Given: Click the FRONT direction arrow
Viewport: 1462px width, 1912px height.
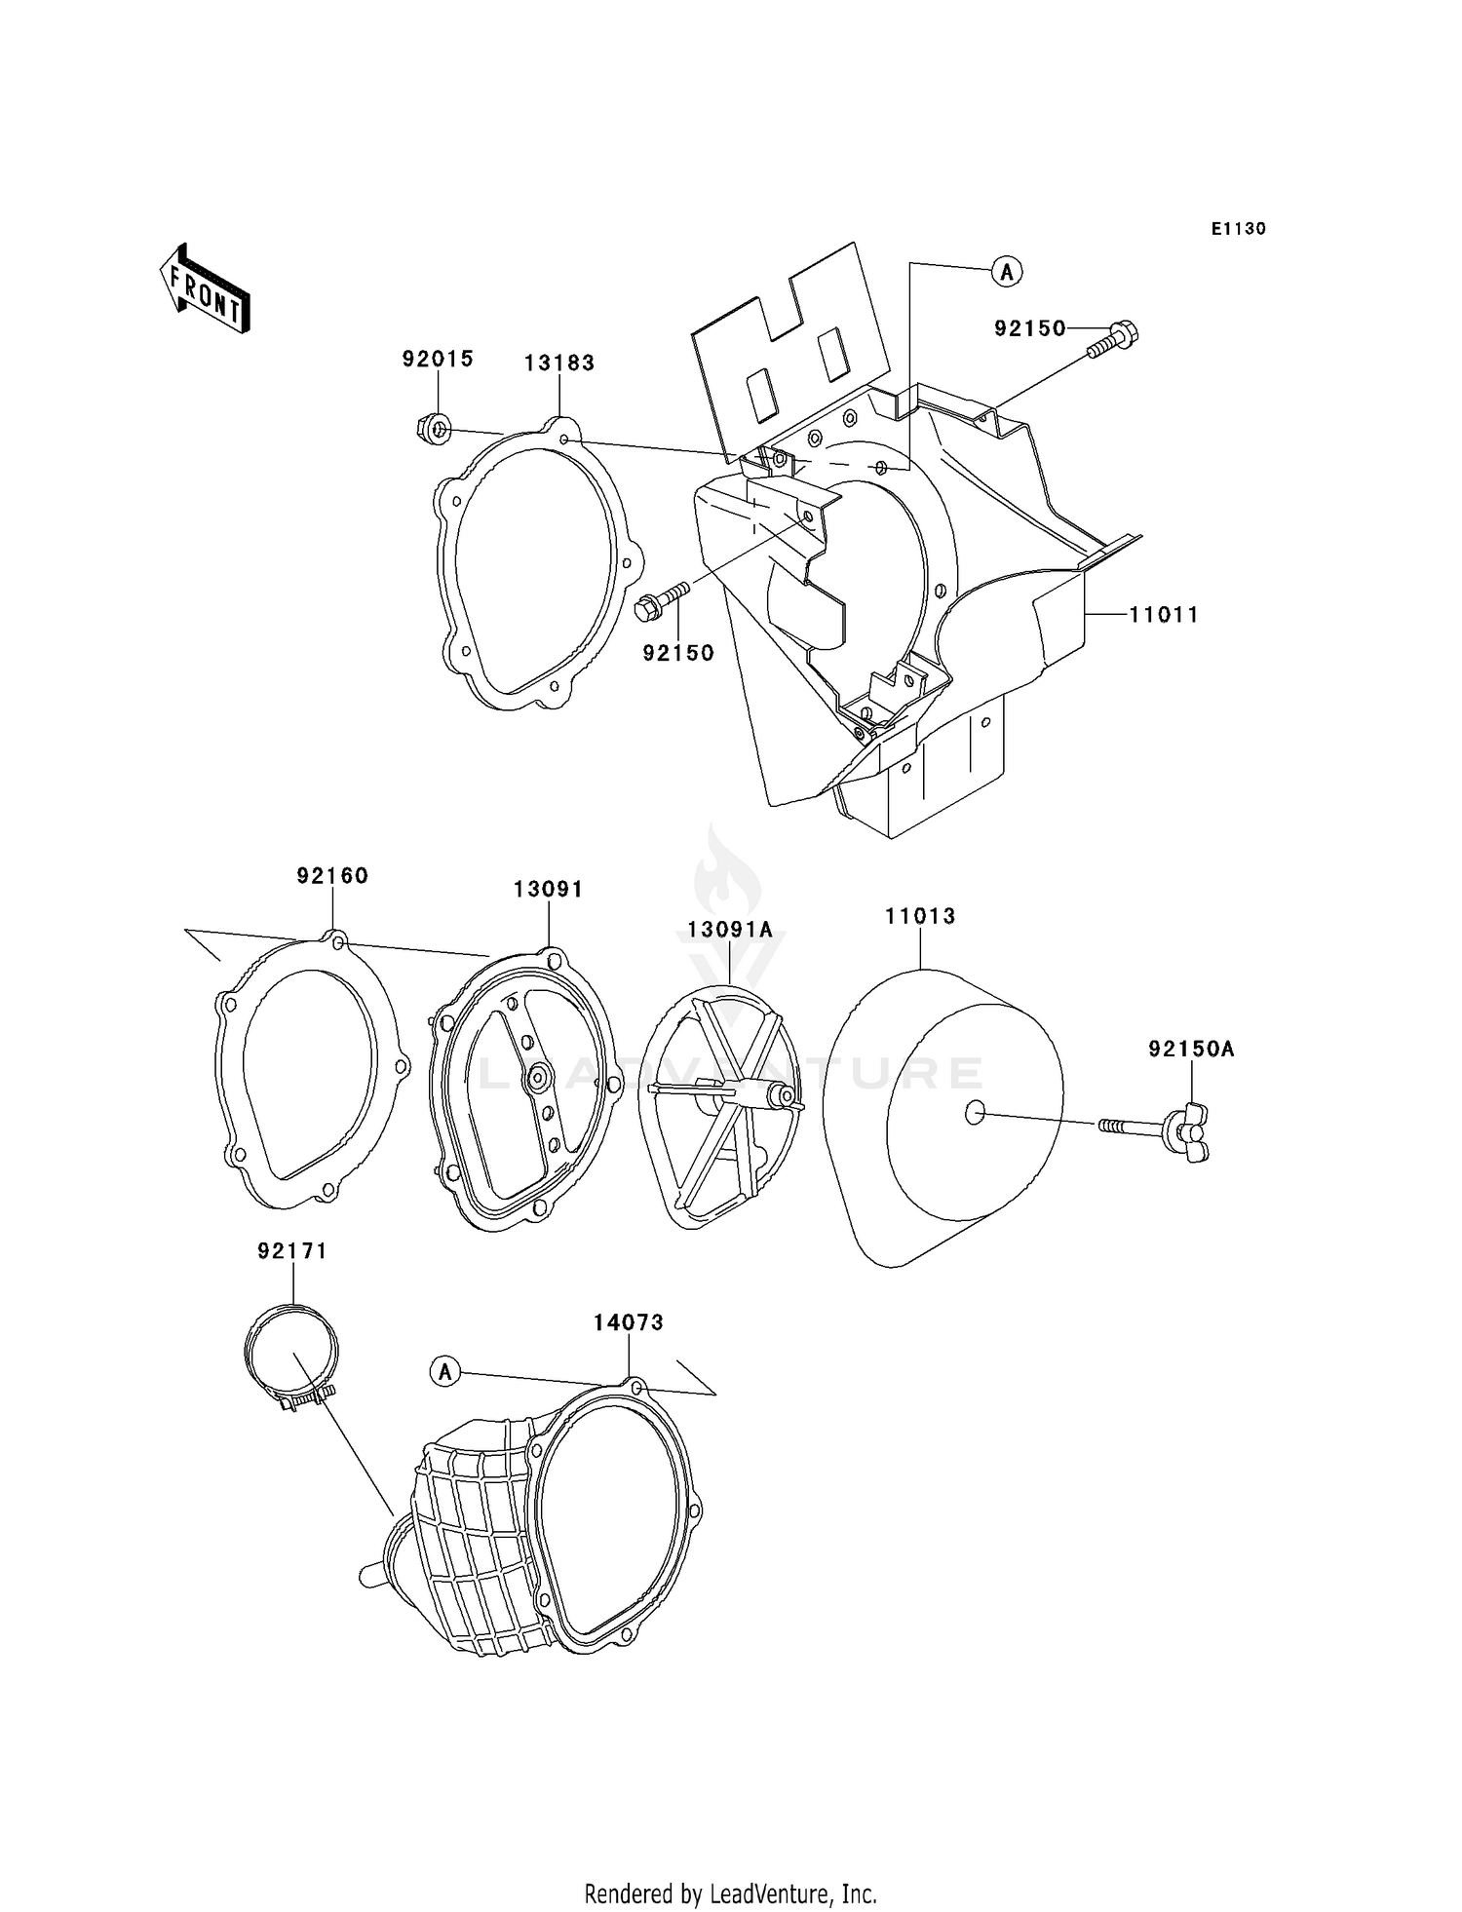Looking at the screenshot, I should [x=206, y=290].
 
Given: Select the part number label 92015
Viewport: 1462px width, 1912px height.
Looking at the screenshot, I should [x=438, y=359].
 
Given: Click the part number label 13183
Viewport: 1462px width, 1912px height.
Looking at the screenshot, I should [x=559, y=363].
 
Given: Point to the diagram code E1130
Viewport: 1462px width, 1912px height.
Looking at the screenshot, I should [x=1238, y=229].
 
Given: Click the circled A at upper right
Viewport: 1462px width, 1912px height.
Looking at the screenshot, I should [x=1007, y=272].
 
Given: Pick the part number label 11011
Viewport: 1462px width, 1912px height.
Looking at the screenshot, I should [x=1164, y=615].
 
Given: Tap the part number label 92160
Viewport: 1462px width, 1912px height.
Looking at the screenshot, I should [x=332, y=876].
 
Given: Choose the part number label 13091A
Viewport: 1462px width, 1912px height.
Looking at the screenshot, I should [x=729, y=930].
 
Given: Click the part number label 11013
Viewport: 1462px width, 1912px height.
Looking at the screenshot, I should [x=920, y=916].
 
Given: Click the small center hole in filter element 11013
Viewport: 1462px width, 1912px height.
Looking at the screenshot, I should [x=974, y=1112].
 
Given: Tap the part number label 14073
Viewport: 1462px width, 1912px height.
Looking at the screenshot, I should [x=629, y=1322].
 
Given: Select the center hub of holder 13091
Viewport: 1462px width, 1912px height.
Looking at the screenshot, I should [x=537, y=1077].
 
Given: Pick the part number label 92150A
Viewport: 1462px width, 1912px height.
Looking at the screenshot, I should [x=1190, y=1050].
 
